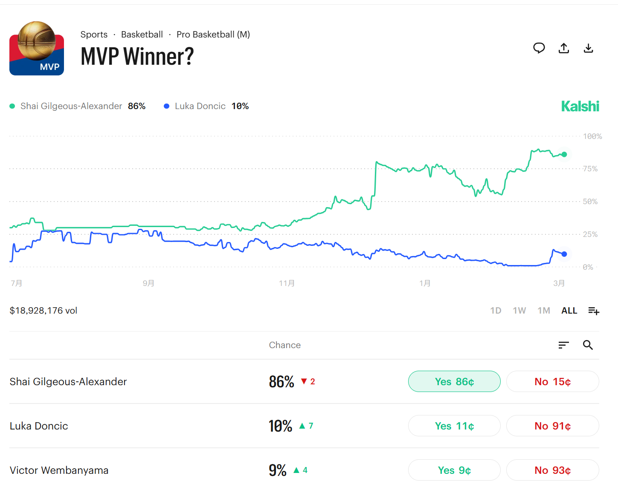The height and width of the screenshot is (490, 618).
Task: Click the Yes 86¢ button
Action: tap(454, 381)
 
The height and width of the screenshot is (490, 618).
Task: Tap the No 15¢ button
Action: tap(552, 381)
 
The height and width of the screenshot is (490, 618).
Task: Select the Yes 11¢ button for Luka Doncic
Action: tap(454, 426)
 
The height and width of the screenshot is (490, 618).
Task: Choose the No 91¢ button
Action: tap(552, 426)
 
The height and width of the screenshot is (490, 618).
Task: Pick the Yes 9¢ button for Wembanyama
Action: tap(454, 470)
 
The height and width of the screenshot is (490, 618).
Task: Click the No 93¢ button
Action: tap(552, 470)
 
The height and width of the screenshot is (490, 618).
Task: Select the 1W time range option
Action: tap(519, 311)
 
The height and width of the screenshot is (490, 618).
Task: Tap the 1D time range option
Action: tap(496, 311)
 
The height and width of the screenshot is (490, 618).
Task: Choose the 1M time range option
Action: tap(544, 311)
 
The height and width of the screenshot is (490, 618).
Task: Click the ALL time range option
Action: tap(569, 311)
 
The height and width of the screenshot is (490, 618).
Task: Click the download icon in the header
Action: tap(588, 48)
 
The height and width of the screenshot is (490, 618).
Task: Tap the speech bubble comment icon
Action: tap(539, 48)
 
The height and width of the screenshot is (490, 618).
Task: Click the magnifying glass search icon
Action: tap(588, 345)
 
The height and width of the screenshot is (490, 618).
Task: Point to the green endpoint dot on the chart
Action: tap(564, 154)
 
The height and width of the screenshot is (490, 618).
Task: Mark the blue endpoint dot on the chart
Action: tap(564, 254)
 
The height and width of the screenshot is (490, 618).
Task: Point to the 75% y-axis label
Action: tap(590, 169)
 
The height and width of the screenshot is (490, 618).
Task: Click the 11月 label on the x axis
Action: tap(287, 283)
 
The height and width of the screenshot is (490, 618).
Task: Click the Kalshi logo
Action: tap(580, 106)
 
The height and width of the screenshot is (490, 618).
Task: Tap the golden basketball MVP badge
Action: tap(37, 48)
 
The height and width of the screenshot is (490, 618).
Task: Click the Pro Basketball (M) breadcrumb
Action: tap(213, 35)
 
